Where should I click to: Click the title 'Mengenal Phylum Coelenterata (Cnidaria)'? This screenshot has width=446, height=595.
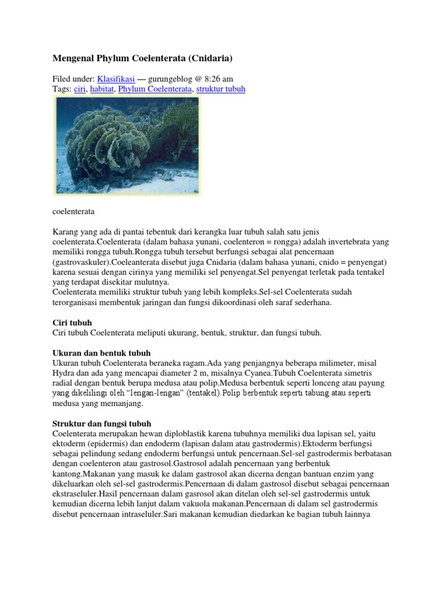[143, 58]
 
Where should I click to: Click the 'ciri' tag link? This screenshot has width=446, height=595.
[80, 89]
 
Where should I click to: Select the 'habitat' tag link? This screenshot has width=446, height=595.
[102, 89]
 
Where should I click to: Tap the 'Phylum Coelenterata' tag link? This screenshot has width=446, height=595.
[154, 89]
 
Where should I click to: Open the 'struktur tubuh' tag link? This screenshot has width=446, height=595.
[221, 89]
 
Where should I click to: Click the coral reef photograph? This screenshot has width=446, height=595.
[127, 145]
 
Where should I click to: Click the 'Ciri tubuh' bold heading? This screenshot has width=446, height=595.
[72, 322]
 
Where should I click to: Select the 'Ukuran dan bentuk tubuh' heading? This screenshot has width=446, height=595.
[102, 353]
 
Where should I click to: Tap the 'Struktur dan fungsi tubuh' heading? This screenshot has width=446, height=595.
[102, 424]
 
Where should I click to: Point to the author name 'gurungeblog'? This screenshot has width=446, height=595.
[174, 78]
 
